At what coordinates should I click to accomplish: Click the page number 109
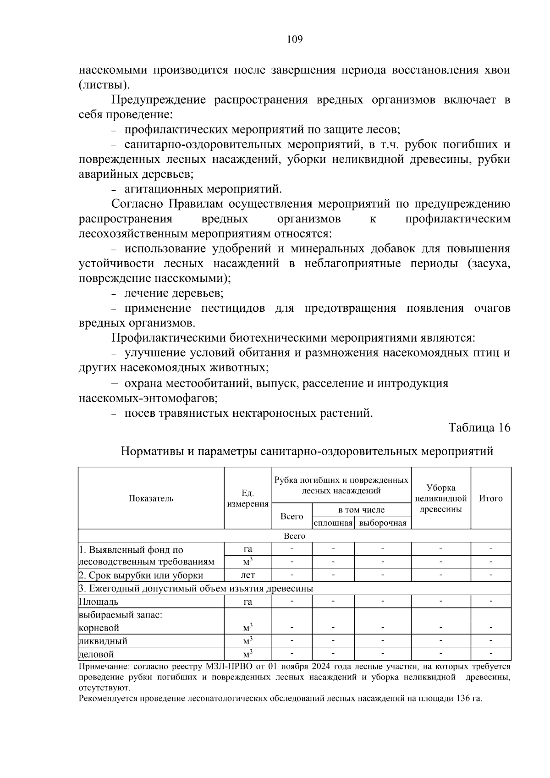click(x=294, y=39)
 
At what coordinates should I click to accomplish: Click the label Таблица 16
click(x=479, y=428)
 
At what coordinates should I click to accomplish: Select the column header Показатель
click(x=151, y=498)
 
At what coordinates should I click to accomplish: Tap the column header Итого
click(x=490, y=498)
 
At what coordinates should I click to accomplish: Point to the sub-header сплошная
click(x=333, y=523)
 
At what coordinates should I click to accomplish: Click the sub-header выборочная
click(x=383, y=523)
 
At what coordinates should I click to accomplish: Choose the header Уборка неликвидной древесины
click(x=440, y=498)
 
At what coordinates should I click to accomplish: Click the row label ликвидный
click(x=103, y=641)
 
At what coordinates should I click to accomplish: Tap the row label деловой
click(x=96, y=654)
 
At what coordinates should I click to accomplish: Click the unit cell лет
click(x=247, y=575)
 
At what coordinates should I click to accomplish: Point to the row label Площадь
click(x=99, y=601)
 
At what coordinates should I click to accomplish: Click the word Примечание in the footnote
click(x=101, y=667)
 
